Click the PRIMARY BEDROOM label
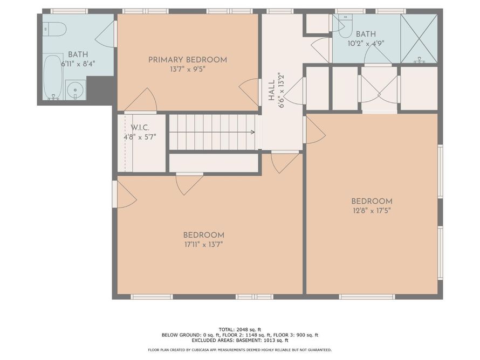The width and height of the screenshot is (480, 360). [188, 60]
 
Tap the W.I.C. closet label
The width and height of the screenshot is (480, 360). [140, 128]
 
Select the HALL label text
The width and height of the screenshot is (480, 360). [271, 91]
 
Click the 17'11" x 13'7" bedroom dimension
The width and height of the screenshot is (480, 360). [203, 244]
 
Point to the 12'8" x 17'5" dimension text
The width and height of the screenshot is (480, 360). [372, 210]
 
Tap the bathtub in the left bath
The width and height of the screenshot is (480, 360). [53, 77]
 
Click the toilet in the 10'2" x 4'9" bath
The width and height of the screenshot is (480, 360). [345, 24]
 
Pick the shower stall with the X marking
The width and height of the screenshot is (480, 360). [419, 39]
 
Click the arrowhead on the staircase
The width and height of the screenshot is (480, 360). [252, 132]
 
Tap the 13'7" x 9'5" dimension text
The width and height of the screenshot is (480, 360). [187, 69]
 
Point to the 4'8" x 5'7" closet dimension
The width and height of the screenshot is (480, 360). [140, 137]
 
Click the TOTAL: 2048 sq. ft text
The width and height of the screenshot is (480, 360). [239, 329]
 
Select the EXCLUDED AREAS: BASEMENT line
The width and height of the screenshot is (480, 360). [239, 340]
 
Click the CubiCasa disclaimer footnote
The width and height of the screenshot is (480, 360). [239, 350]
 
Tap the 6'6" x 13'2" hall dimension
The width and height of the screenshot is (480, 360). [281, 90]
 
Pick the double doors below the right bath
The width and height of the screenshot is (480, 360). [379, 89]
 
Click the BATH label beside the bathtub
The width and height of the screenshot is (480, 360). [78, 54]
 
